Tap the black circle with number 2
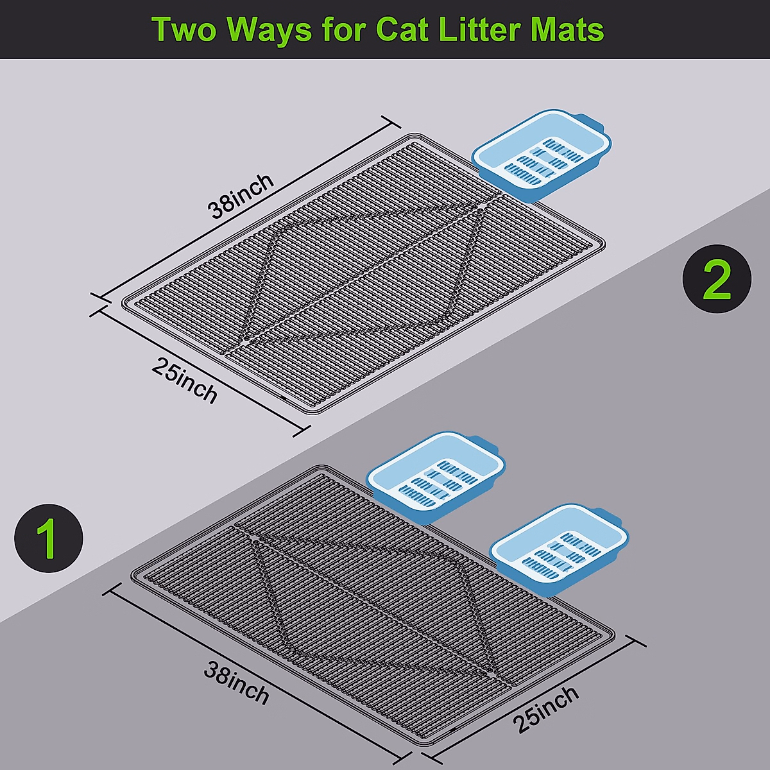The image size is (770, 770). tap(716, 280)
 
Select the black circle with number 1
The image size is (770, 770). tap(49, 538)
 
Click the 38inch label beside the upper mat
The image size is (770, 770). tap(241, 195)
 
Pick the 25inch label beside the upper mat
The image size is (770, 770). tap(185, 380)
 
